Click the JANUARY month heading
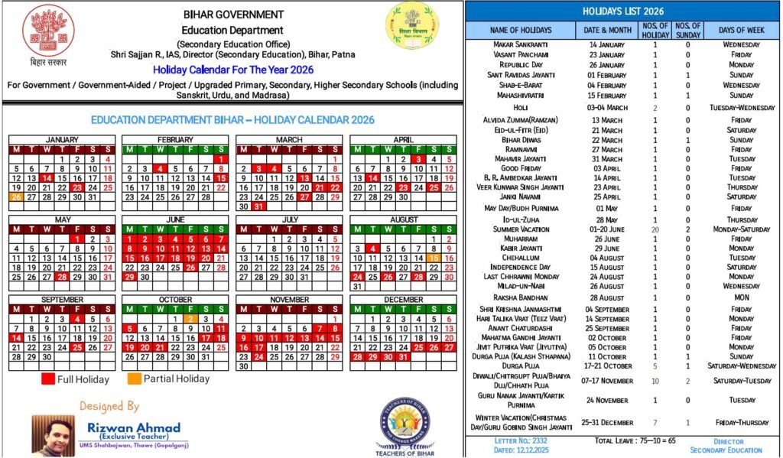[61, 140]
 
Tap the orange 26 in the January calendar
[15, 197]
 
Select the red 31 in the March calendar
[258, 206]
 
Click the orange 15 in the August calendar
[434, 258]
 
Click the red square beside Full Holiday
[48, 378]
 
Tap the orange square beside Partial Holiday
[133, 378]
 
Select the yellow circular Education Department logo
[412, 25]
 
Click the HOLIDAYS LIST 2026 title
[623, 11]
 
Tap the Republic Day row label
[520, 65]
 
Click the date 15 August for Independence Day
[607, 268]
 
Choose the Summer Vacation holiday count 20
[655, 229]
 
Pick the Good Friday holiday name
[520, 168]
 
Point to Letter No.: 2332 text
[520, 441]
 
